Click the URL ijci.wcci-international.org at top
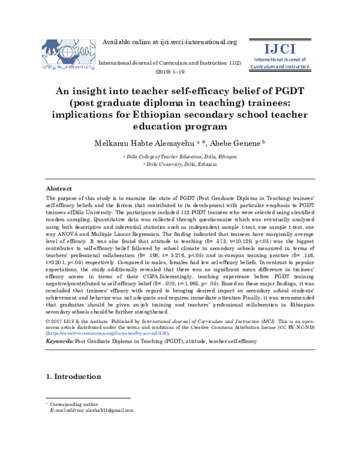click(x=198, y=42)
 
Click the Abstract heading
click(x=59, y=188)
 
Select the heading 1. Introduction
click(x=74, y=377)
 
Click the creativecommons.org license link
click(x=108, y=332)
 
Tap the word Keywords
click(x=59, y=340)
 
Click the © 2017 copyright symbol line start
click(x=49, y=321)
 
